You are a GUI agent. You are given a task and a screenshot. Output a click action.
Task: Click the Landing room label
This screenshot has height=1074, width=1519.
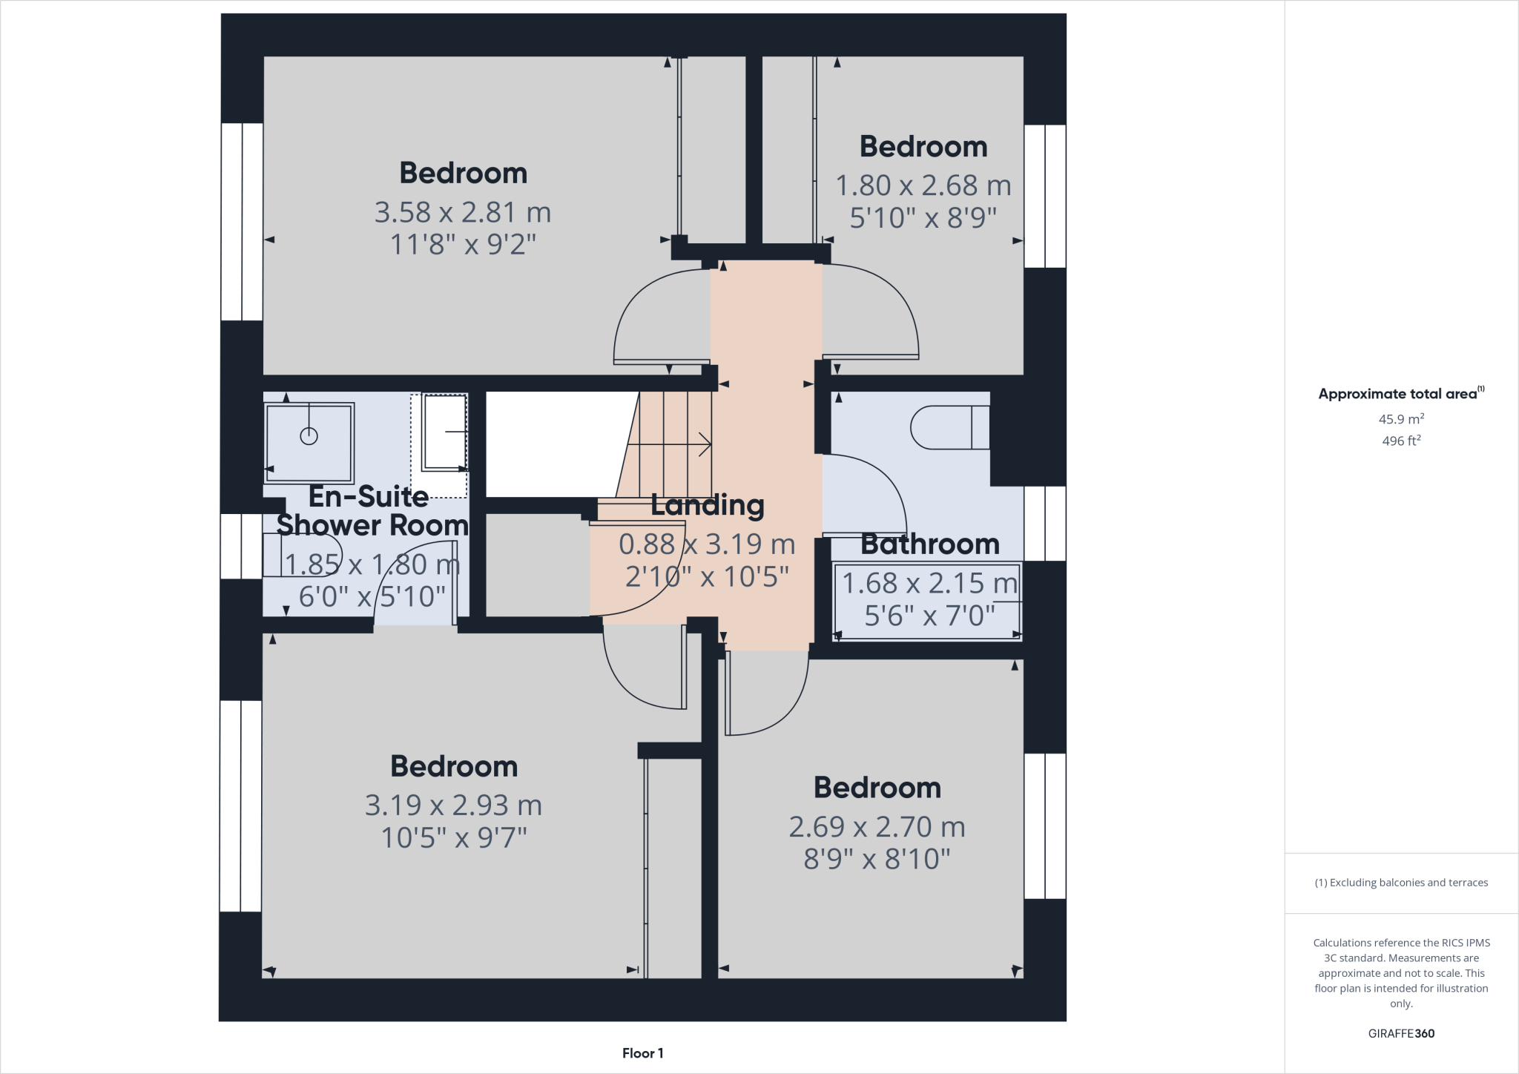point(708,505)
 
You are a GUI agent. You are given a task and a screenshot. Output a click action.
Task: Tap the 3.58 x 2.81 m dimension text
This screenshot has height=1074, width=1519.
point(463,213)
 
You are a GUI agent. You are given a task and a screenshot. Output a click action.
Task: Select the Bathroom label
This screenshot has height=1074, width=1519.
point(930,544)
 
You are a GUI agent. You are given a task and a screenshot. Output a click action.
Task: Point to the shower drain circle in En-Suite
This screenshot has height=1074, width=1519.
point(309,436)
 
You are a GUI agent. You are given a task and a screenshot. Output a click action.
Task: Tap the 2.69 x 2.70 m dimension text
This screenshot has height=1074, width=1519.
point(877,827)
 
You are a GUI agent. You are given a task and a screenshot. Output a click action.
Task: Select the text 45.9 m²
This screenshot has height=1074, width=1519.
point(1400,419)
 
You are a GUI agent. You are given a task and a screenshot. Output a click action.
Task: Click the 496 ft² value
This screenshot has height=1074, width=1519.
point(1400,441)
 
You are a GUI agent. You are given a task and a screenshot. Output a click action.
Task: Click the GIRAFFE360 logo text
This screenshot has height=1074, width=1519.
point(1400,1033)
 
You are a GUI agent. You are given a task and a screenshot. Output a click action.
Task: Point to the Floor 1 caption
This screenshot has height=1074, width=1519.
point(642,1053)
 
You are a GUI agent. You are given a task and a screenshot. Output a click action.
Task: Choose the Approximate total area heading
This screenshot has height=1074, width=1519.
point(1400,394)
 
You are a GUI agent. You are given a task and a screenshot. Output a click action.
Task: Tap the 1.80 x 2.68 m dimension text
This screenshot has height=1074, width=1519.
point(923,185)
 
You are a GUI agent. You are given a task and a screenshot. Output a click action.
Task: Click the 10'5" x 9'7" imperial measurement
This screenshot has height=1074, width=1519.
point(454,838)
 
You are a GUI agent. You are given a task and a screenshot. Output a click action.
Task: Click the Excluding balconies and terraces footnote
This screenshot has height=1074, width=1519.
point(1400,883)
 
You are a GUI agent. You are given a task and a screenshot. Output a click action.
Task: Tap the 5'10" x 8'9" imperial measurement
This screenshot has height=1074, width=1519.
point(923,218)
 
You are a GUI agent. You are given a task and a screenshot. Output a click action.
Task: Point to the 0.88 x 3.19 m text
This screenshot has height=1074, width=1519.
point(707,544)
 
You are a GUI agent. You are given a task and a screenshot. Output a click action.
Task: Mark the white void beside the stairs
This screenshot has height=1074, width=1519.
point(556,444)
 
